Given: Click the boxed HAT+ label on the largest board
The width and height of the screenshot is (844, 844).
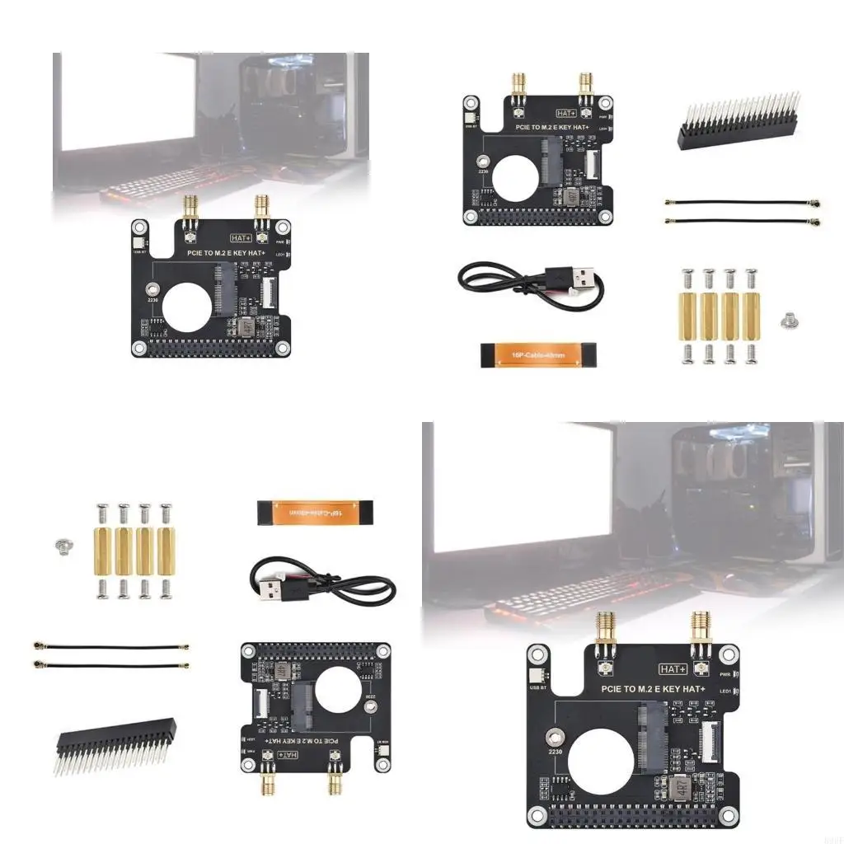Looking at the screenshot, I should [x=673, y=668].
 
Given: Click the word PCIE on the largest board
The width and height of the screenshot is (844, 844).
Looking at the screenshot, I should [x=616, y=687].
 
